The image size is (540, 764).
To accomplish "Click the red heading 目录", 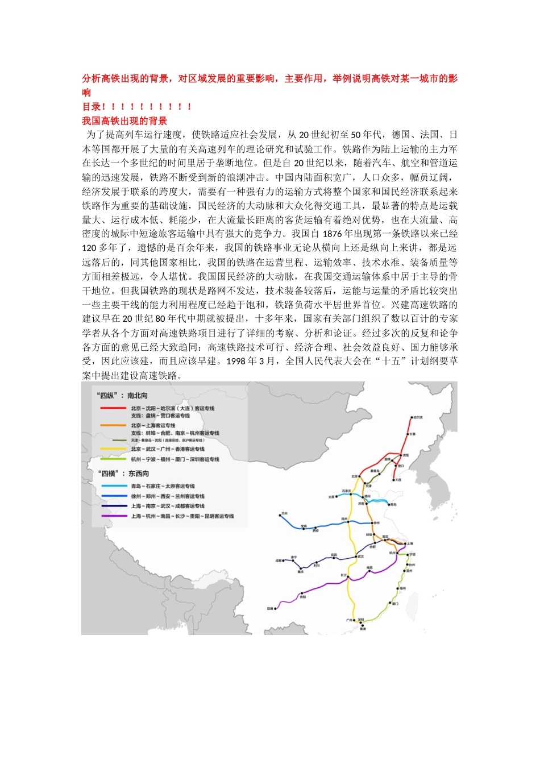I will point(92,106).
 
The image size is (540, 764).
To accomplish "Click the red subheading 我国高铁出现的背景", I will point(124,121).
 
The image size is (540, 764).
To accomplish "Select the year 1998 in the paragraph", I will point(235,361).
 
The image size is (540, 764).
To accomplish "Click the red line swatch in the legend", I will point(113,408).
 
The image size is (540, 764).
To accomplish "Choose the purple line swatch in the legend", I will point(113,516).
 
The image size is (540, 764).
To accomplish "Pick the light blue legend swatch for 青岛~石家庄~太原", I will point(113,486).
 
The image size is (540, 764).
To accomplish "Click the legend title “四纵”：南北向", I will point(123,395).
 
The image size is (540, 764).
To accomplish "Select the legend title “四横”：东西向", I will point(124,474).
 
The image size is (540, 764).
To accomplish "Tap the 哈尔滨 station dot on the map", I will point(411,418).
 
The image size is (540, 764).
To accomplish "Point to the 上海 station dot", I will point(404,543).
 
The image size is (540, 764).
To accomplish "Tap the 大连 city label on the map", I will point(398,480).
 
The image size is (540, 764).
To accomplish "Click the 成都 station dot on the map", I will point(284,560).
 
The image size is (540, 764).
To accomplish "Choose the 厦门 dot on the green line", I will point(395,604).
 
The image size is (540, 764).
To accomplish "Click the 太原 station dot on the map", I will point(337,496).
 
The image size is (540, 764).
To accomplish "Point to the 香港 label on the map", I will point(363,629).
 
